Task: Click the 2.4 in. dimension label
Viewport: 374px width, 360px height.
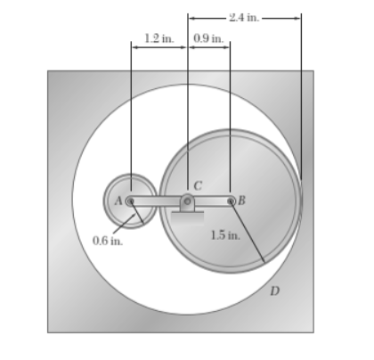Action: pos(244,15)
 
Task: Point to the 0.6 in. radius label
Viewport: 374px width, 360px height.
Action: pos(107,240)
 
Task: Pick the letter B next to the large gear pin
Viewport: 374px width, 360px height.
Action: pos(240,200)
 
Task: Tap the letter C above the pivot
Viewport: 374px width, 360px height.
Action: pos(198,185)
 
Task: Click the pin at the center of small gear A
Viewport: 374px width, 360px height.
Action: pos(130,201)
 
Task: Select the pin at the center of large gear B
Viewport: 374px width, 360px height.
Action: pos(231,201)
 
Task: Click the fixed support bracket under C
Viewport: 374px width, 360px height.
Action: pos(188,210)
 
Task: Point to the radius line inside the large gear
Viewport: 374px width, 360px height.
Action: pos(248,233)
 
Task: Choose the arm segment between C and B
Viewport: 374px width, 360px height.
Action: pos(211,201)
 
